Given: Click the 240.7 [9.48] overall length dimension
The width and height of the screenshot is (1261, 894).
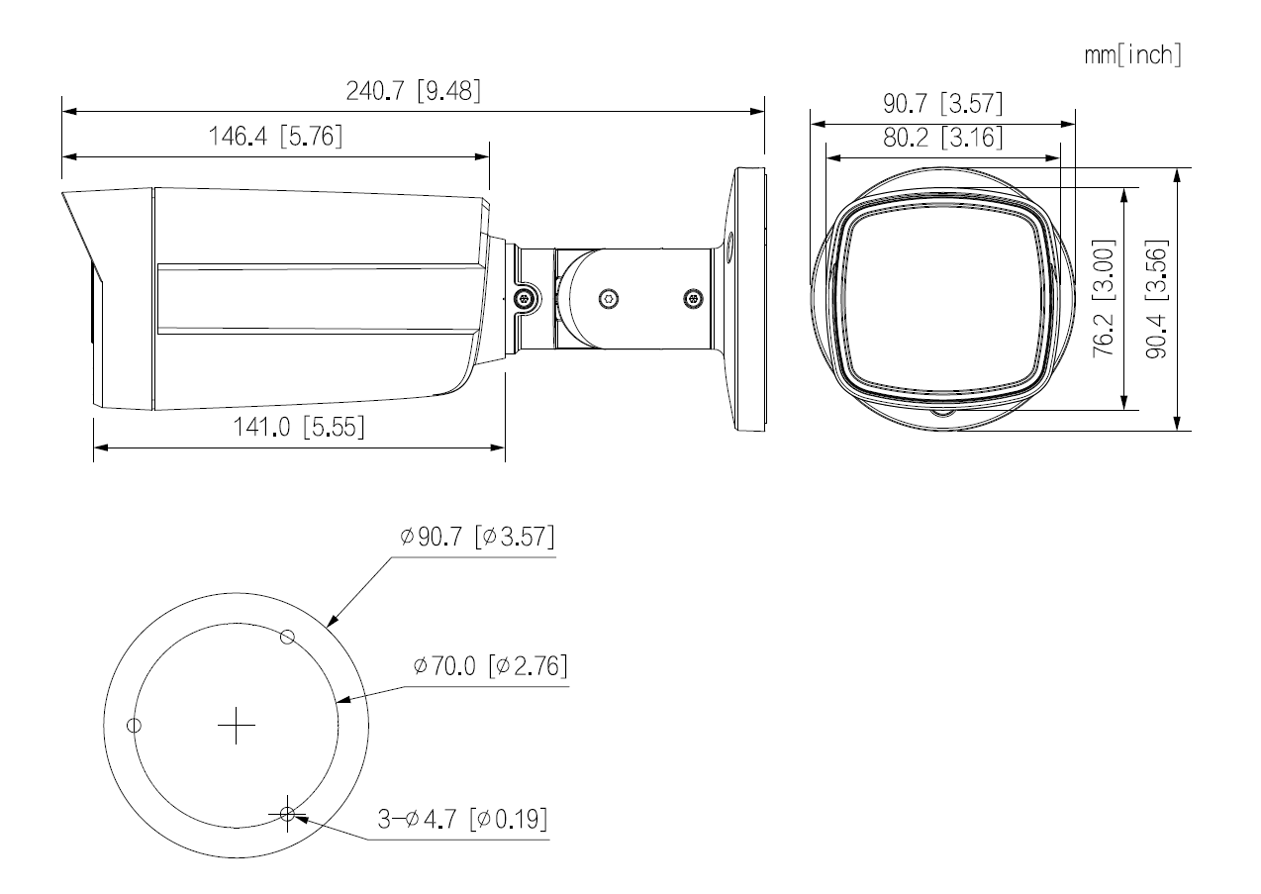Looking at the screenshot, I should [413, 91].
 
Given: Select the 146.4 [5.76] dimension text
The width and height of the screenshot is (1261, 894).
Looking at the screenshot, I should [275, 138].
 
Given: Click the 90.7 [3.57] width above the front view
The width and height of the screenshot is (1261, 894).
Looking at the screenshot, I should [942, 104].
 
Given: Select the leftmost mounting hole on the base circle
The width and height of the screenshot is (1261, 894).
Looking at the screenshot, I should [134, 726].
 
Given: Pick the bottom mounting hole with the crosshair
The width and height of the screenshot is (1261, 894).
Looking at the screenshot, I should [287, 814].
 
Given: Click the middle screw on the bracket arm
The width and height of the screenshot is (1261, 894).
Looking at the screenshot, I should [609, 298].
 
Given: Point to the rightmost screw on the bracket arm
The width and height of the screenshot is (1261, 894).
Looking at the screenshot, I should [693, 298].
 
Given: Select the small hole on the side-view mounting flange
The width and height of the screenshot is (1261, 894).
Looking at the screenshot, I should [728, 242].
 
